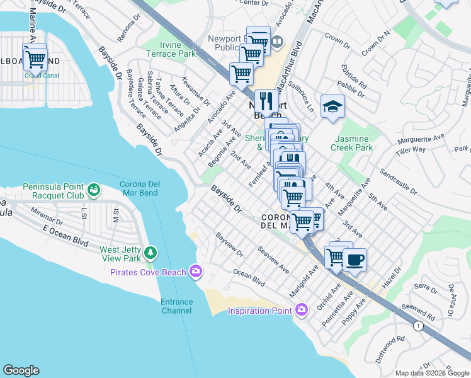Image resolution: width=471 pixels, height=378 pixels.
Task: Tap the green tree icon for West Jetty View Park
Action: click(150, 253)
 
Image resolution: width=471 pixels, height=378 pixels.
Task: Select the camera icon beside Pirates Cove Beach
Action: click(196, 272)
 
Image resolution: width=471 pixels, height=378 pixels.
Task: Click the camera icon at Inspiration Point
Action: click(302, 309)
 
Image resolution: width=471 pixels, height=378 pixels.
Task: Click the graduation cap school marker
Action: click(332, 106)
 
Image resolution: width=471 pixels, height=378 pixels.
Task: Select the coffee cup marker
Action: click(355, 260)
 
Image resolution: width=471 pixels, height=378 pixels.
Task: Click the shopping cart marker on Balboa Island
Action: click(36, 59)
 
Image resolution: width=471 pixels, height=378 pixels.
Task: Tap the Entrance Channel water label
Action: click(176, 306)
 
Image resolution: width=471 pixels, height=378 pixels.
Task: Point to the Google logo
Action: click(21, 370)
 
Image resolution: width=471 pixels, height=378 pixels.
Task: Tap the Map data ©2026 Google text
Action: click(432, 373)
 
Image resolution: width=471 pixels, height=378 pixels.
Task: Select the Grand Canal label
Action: click(42, 76)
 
